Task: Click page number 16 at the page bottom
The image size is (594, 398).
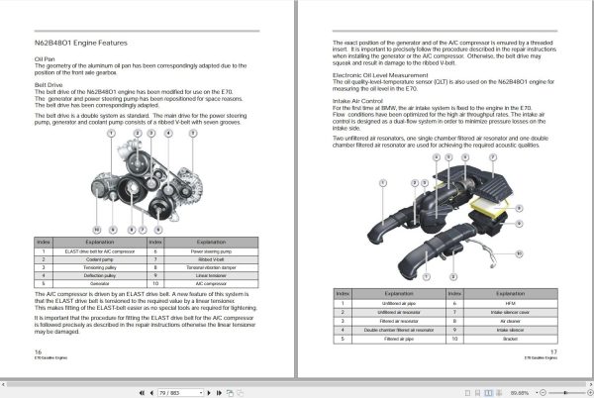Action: click(x=38, y=351)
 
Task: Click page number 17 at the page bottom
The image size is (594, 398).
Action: click(x=554, y=351)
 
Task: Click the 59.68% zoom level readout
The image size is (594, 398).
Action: click(x=519, y=391)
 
